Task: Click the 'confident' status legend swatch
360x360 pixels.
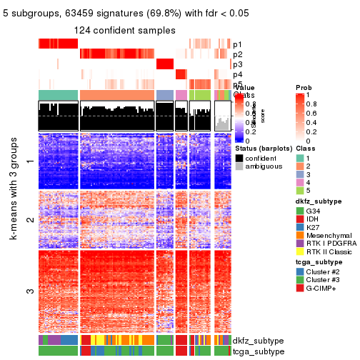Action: pyautogui.click(x=239, y=157)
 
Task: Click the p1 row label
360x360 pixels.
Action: pyautogui.click(x=238, y=44)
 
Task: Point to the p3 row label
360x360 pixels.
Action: pyautogui.click(x=238, y=64)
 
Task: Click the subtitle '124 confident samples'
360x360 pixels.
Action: pyautogui.click(x=124, y=30)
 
